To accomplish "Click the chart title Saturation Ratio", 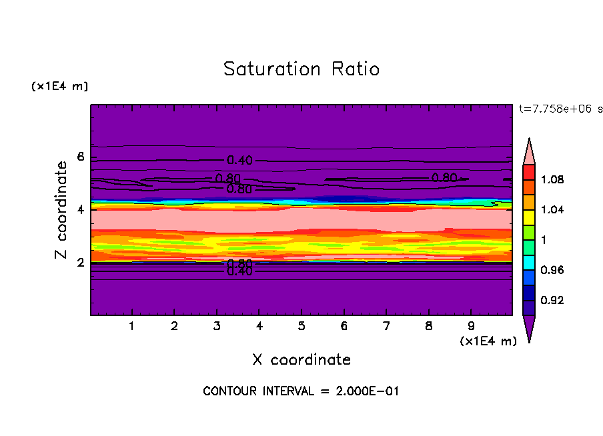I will [x=301, y=69].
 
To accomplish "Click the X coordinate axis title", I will [x=301, y=360].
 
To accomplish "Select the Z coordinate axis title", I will [x=62, y=210].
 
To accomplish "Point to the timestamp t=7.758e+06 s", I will [x=560, y=108].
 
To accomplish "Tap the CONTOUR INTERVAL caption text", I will [x=301, y=391].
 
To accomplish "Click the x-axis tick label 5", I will [x=301, y=327].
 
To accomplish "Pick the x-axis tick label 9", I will [x=471, y=327].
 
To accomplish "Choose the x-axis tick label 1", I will [x=132, y=327].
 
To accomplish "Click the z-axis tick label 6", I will [x=81, y=157].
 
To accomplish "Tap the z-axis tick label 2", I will [x=81, y=262].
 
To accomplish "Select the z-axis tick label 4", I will [x=81, y=209].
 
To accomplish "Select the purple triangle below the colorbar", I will [x=529, y=327].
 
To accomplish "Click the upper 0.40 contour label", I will [x=240, y=160].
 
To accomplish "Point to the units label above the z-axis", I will [x=59, y=87].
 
